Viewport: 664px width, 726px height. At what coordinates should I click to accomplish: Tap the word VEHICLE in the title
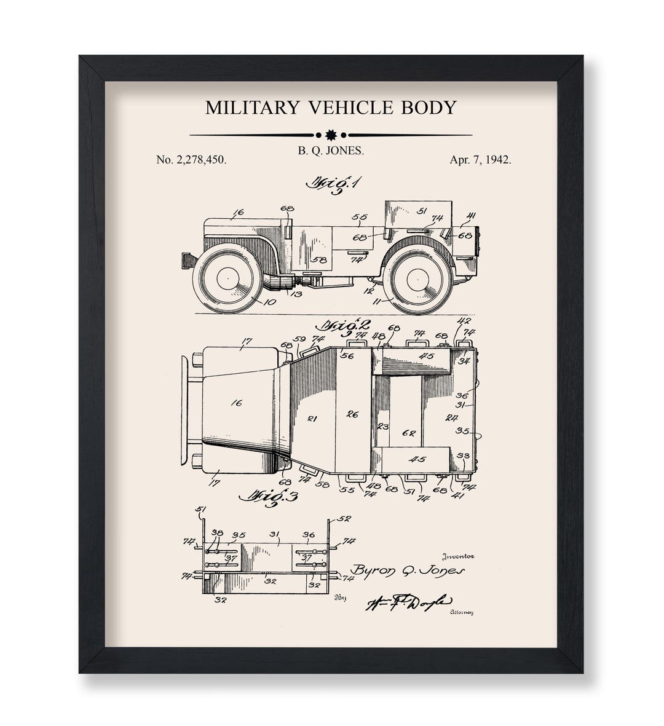(x=344, y=108)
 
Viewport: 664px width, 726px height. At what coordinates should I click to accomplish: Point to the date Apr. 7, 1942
(x=480, y=160)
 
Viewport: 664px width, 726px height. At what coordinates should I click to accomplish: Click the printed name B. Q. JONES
(x=331, y=149)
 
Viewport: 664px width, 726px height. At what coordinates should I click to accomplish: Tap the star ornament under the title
(x=331, y=135)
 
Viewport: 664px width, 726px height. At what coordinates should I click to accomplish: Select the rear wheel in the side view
(x=417, y=280)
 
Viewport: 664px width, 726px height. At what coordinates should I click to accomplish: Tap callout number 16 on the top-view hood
(x=236, y=403)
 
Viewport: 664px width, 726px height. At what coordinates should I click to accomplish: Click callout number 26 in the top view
(x=352, y=415)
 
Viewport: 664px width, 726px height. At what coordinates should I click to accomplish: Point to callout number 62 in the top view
(x=408, y=433)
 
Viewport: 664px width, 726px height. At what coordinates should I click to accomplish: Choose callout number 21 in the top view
(x=312, y=419)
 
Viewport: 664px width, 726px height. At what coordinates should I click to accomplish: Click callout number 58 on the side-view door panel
(x=318, y=260)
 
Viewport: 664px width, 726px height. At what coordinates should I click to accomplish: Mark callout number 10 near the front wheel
(x=269, y=302)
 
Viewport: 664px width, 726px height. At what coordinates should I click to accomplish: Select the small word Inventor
(x=457, y=556)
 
